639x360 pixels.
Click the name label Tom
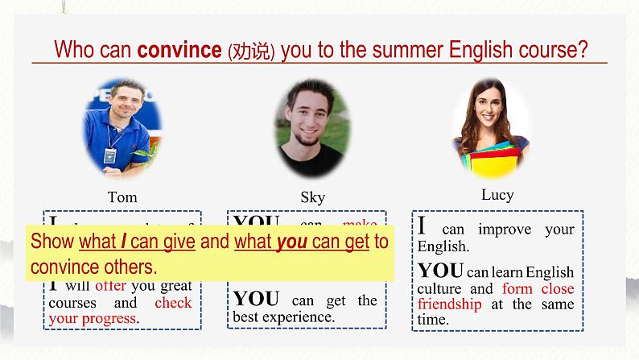point(122,197)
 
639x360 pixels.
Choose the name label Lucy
point(497,195)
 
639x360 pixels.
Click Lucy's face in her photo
point(489,109)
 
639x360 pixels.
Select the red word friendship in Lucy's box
point(449,304)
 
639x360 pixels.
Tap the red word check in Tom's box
point(173,303)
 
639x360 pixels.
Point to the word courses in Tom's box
point(72,303)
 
